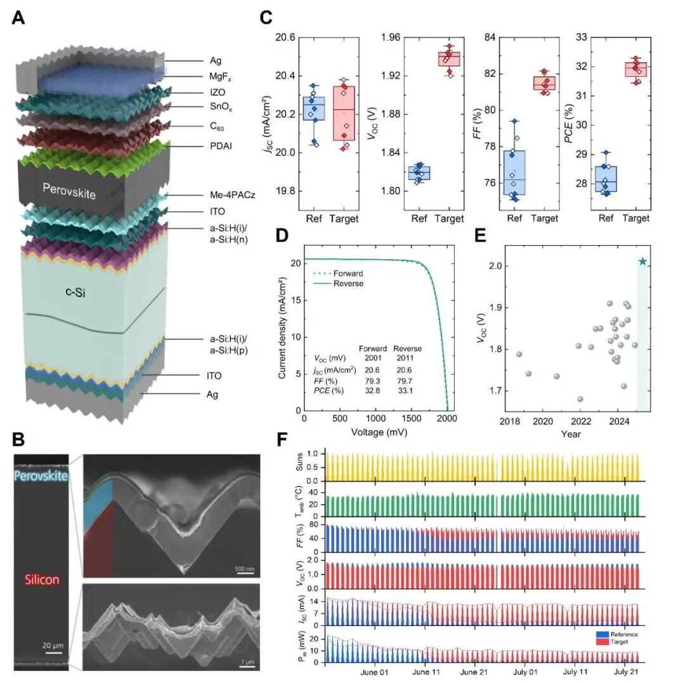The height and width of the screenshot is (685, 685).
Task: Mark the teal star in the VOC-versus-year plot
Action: (643, 262)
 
